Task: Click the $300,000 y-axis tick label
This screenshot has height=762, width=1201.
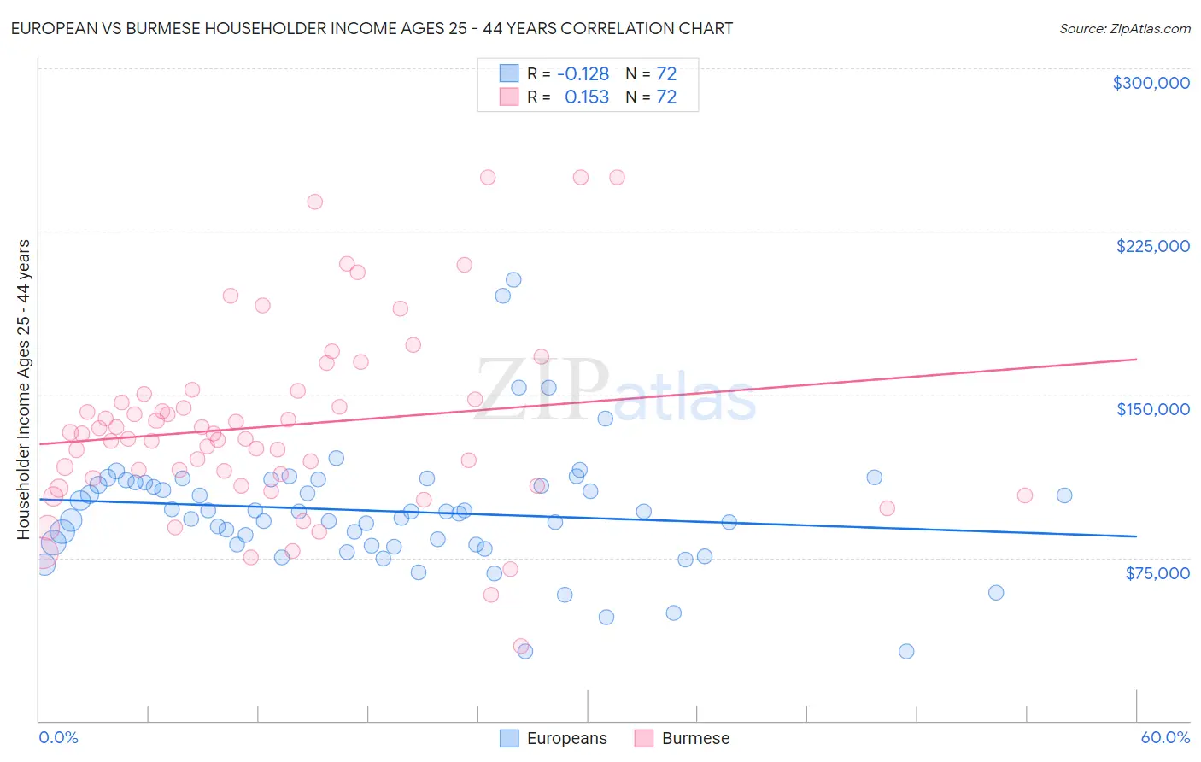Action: click(1151, 83)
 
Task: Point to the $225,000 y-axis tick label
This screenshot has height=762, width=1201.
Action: click(1152, 246)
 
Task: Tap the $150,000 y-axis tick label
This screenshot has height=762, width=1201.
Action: click(1152, 409)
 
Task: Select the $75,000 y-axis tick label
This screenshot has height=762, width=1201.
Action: click(1157, 573)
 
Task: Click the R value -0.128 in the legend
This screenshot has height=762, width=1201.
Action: click(583, 74)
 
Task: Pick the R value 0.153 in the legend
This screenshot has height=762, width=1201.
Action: click(587, 97)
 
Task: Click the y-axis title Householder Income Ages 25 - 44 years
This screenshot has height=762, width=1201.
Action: click(24, 390)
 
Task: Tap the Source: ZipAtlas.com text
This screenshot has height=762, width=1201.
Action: click(1124, 29)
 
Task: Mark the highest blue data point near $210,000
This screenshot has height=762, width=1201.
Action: click(513, 279)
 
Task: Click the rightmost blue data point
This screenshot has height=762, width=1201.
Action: click(1063, 495)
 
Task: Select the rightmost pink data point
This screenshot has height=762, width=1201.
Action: click(1024, 495)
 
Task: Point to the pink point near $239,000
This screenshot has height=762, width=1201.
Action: click(314, 202)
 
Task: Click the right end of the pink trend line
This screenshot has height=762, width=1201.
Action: click(1136, 360)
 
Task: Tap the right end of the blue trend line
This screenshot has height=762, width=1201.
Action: click(1136, 536)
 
